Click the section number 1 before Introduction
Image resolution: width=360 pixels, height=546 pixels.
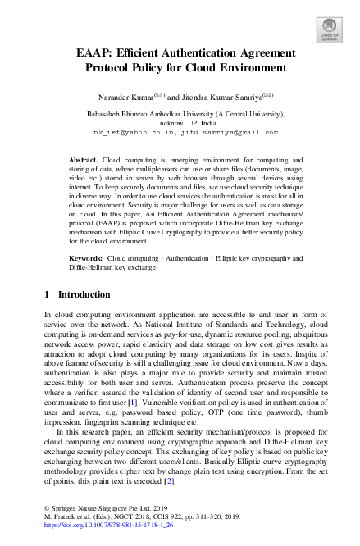[x=47, y=293]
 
